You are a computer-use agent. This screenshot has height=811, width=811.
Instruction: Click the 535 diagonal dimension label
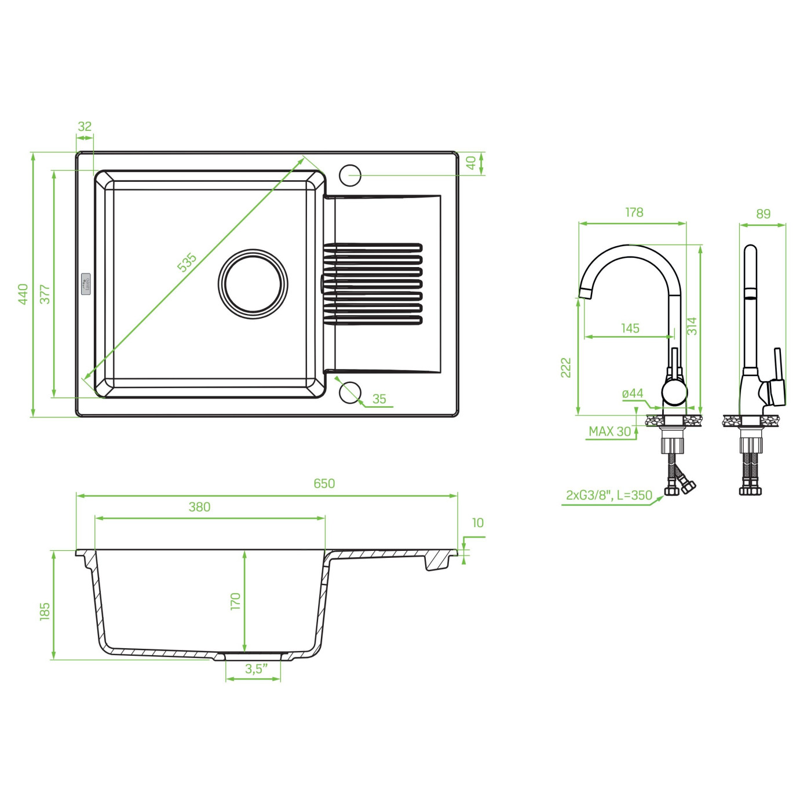[x=187, y=262]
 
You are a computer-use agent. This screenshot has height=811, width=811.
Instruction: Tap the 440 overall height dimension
[x=23, y=294]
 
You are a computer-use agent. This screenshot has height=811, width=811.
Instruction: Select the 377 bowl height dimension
[x=45, y=294]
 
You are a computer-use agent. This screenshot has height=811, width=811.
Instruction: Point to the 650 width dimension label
[x=324, y=484]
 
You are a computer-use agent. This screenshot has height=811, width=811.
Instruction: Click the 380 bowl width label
[x=199, y=507]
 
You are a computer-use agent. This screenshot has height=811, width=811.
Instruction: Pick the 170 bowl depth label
[x=235, y=601]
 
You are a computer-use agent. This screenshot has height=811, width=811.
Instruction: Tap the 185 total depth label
[x=45, y=611]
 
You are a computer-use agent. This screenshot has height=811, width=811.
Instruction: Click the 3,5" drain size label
[x=256, y=669]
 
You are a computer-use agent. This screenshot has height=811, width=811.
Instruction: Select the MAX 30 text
[x=609, y=432]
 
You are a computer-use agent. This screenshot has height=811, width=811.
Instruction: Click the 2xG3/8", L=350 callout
[x=609, y=496]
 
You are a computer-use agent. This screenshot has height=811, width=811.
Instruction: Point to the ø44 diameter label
[x=633, y=394]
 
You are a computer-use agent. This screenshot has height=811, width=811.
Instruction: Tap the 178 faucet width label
[x=634, y=213]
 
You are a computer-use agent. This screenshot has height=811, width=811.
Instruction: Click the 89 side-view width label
[x=763, y=214]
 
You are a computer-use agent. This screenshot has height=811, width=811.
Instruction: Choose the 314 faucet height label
[x=692, y=326]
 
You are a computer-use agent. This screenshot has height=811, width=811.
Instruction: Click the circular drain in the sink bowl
[x=253, y=284]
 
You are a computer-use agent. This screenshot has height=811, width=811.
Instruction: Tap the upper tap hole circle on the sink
[x=350, y=174]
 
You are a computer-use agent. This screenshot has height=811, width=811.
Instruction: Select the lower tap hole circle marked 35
[x=350, y=392]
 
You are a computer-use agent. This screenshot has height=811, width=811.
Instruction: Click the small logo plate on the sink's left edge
[x=86, y=283]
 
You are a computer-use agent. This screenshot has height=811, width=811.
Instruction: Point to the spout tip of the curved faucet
[x=585, y=293]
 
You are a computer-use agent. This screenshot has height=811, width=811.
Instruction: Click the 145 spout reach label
[x=630, y=328]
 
